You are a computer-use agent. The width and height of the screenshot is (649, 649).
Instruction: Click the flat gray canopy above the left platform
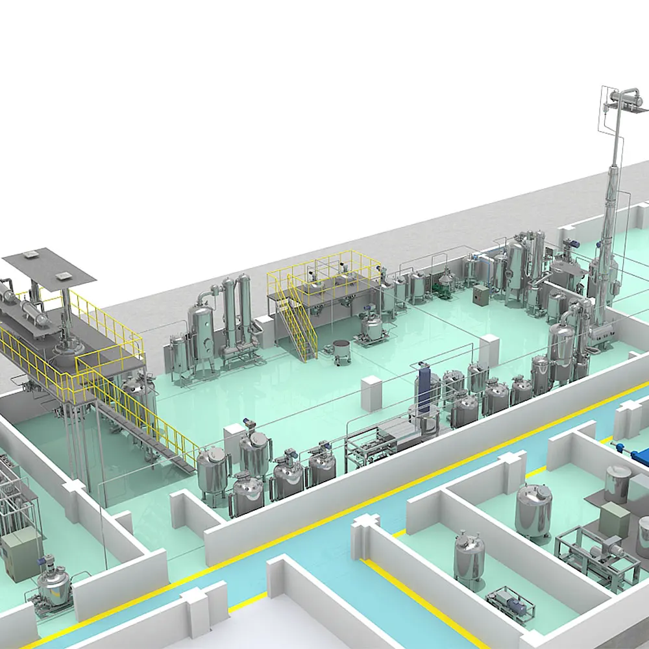49,265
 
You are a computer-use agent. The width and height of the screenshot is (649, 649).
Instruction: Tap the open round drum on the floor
341,350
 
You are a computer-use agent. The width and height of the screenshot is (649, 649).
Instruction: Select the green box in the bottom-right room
614,520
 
